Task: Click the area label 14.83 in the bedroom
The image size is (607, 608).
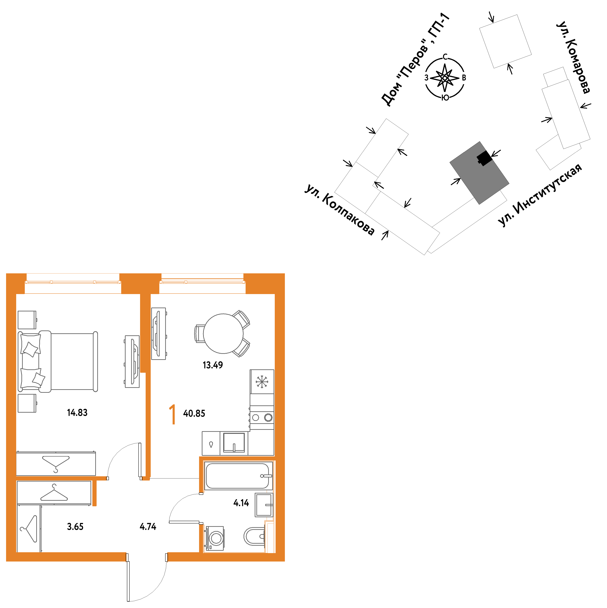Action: (77, 413)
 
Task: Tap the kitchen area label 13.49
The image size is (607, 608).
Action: (213, 365)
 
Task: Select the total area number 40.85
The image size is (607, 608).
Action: (194, 413)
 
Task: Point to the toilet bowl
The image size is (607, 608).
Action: (254, 536)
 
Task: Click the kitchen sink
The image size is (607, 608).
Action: (234, 443)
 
